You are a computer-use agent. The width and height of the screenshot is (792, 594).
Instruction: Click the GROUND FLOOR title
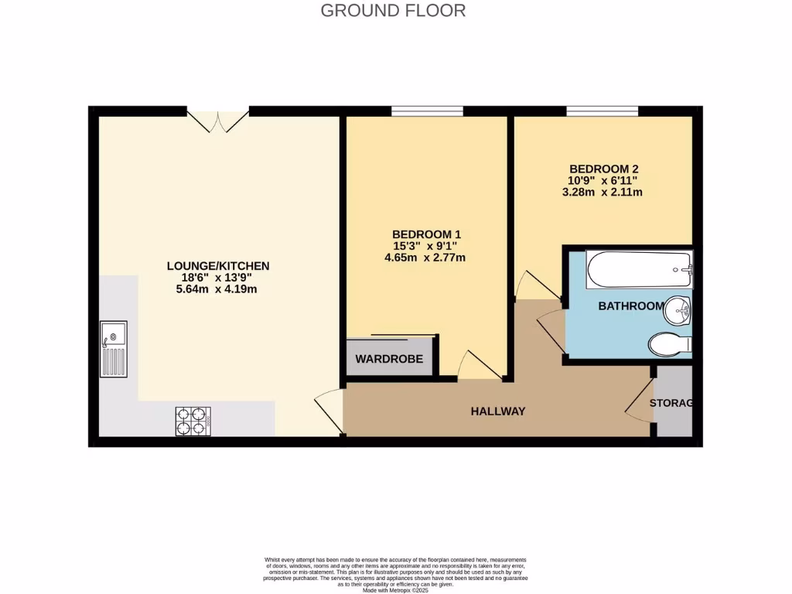(x=393, y=11)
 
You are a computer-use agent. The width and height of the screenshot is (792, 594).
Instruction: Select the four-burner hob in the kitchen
(x=193, y=421)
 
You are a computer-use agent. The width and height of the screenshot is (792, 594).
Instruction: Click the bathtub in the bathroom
(x=639, y=270)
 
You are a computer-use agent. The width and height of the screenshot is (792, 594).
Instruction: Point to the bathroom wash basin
(x=678, y=311)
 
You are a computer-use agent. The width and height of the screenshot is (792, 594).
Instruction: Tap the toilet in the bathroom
(x=670, y=344)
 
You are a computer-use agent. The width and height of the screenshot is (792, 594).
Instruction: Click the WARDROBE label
(x=389, y=360)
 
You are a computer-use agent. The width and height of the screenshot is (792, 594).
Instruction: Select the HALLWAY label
(x=498, y=411)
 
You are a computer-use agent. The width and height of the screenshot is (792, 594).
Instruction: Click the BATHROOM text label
(x=630, y=306)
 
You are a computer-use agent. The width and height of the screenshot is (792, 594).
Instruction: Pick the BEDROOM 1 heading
(x=426, y=234)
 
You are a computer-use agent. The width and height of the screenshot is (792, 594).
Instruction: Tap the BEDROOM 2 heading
(x=603, y=169)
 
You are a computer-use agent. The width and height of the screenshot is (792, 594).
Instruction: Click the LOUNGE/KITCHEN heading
(x=218, y=266)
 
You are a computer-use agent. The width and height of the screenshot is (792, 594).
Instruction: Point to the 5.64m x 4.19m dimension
(x=218, y=289)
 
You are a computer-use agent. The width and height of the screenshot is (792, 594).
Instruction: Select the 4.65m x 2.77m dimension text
(x=426, y=258)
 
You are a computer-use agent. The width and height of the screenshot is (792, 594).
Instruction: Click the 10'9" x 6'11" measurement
(x=603, y=180)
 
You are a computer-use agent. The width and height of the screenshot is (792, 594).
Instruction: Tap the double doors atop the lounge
(x=218, y=121)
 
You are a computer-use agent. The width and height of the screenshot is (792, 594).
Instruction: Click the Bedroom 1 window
(x=427, y=111)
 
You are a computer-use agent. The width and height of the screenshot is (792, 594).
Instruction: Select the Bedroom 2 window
(x=602, y=111)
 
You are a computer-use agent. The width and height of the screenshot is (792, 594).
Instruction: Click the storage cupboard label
(x=671, y=403)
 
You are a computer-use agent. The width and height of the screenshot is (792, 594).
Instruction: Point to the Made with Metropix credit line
(x=395, y=590)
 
